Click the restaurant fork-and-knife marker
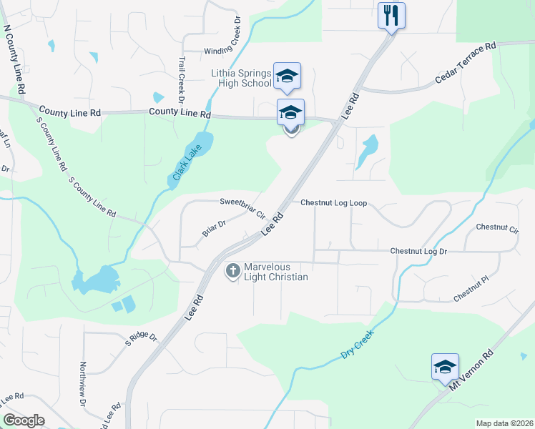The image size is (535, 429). pyautogui.click(x=391, y=15)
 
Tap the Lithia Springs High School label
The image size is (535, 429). pyautogui.click(x=241, y=78)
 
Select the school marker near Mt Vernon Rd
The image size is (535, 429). pyautogui.click(x=445, y=368)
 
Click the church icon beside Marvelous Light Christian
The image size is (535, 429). pyautogui.click(x=232, y=271)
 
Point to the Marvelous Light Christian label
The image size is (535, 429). pyautogui.click(x=276, y=272)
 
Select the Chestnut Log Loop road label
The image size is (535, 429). pyautogui.click(x=333, y=203)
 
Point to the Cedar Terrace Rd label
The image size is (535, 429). pyautogui.click(x=464, y=65)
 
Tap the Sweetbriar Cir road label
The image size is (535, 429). pyautogui.click(x=242, y=207)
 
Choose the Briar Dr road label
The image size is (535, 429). pyautogui.click(x=213, y=228)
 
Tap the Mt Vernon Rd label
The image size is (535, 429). pyautogui.click(x=471, y=369)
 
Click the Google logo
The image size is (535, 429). pyautogui.click(x=24, y=420)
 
